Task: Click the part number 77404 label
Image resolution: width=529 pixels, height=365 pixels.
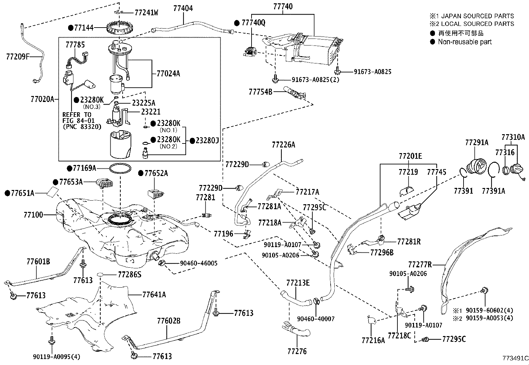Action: point(183,8)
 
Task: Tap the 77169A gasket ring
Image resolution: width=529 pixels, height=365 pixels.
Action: point(120,168)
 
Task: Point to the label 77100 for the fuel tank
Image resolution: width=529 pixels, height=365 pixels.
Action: point(33,215)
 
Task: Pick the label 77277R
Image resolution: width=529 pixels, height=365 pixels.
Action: point(420,264)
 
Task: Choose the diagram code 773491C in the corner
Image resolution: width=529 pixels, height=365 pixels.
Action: point(515,358)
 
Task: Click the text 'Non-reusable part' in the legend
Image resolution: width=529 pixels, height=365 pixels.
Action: point(465,42)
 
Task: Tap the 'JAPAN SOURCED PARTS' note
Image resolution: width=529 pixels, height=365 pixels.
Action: point(477,16)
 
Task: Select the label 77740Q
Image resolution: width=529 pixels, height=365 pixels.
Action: point(254,23)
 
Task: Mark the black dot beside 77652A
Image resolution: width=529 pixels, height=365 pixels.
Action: point(141,173)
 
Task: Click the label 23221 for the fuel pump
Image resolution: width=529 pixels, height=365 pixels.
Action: point(151,112)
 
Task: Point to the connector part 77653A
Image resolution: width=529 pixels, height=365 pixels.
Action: point(104,183)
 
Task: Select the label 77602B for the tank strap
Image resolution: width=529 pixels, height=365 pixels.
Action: point(168,321)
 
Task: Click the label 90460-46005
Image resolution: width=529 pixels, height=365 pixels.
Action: point(199,263)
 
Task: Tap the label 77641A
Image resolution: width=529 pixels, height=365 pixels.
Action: point(154,294)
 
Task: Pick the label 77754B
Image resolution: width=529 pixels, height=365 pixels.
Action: point(261,92)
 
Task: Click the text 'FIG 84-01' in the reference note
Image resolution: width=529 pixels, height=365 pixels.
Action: point(78,121)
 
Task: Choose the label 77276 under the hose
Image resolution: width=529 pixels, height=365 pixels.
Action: point(297,351)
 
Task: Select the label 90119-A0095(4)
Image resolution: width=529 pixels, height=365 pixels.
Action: point(57,357)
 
